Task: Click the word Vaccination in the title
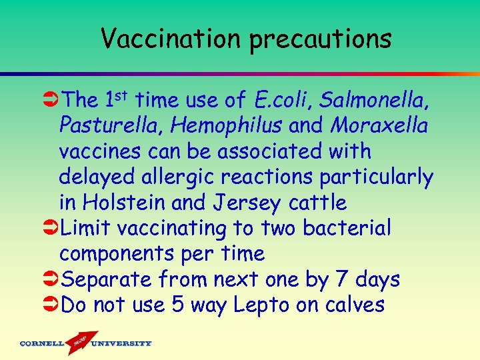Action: coord(171,39)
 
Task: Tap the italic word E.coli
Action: coord(283,101)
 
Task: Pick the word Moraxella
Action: coord(379,126)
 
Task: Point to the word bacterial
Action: coord(347,228)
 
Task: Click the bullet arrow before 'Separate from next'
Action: coord(50,279)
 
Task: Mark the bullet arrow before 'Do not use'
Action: coord(50,305)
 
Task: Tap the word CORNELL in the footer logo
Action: coord(41,344)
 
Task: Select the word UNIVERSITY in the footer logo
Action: coord(121,344)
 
